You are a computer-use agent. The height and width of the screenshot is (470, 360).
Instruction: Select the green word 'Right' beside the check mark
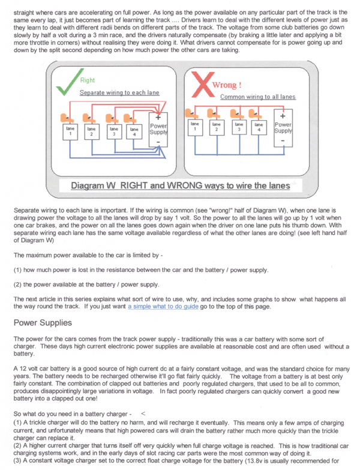coord(87,80)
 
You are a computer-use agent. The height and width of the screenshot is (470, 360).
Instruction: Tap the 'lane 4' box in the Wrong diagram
coord(259,127)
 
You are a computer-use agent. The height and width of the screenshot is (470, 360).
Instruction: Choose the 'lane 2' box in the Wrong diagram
coord(216,127)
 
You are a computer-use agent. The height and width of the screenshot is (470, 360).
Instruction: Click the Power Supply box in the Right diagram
coord(158,130)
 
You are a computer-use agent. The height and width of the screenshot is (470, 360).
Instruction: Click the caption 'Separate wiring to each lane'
coord(119,93)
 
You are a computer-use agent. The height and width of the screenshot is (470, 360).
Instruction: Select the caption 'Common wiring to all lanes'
coord(257,97)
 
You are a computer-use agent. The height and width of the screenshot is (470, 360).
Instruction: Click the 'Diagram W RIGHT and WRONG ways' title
coord(180,185)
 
